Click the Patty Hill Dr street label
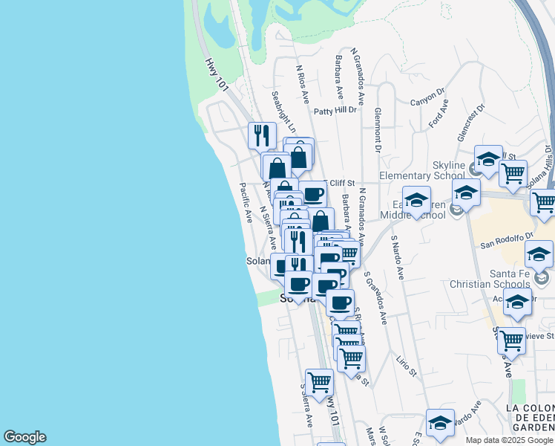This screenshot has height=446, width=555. [335, 111]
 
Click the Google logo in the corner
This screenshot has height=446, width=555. [24, 437]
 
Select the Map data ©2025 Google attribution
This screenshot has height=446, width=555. [509, 440]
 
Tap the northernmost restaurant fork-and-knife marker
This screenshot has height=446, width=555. [261, 135]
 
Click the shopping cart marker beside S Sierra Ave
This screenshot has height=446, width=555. [319, 382]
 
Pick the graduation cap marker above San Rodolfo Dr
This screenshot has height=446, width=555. [539, 254]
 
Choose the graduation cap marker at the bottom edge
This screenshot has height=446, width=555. [440, 422]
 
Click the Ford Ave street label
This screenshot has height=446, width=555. [440, 116]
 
